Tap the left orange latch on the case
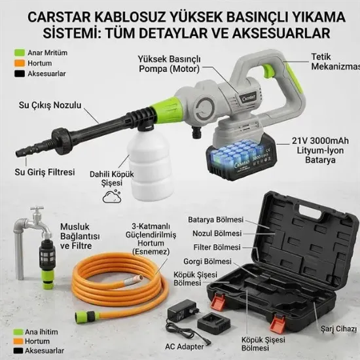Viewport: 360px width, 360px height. click(219, 301)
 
